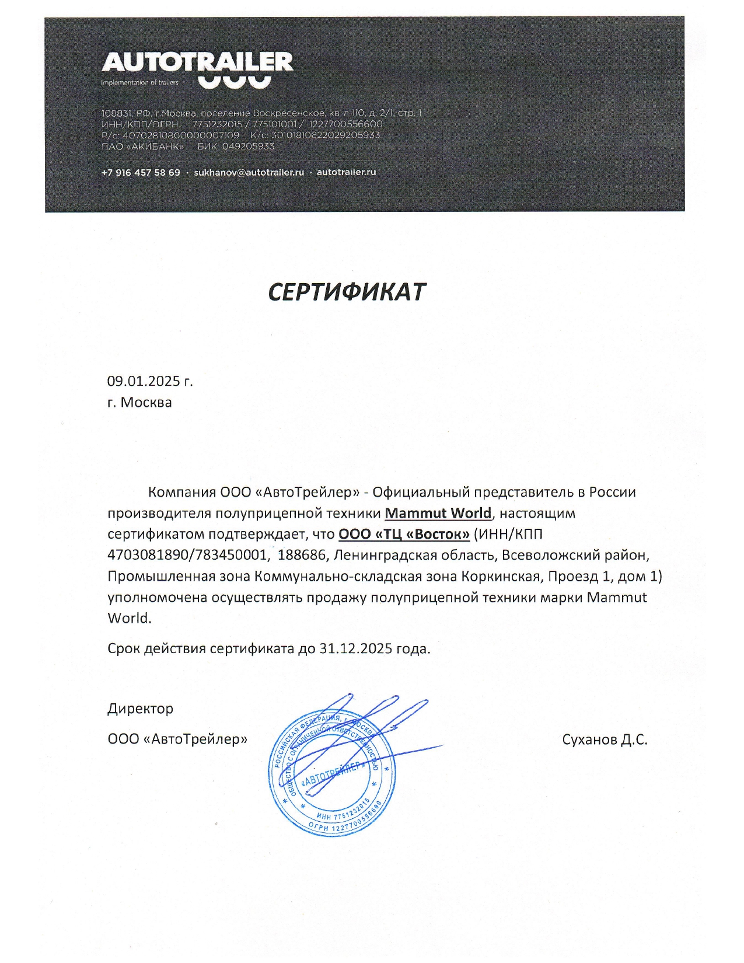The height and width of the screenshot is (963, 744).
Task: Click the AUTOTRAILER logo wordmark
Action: click(197, 62)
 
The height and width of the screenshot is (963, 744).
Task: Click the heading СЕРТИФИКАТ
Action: click(347, 292)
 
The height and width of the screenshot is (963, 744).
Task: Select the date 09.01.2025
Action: click(144, 382)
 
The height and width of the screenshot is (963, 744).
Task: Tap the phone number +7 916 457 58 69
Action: click(141, 173)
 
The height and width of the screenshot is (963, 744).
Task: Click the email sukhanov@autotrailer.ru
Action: click(249, 173)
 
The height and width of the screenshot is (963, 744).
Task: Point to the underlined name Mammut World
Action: click(438, 513)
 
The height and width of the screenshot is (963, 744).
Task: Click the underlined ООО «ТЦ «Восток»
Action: click(404, 534)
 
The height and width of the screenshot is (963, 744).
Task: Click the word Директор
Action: click(140, 709)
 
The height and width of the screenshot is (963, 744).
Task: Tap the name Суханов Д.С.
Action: click(605, 739)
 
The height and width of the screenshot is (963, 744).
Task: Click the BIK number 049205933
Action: click(248, 146)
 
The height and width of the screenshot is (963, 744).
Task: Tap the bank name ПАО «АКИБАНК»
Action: click(142, 146)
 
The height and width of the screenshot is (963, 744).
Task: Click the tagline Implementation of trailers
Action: click(139, 83)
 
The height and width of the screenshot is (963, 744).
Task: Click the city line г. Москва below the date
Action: click(139, 403)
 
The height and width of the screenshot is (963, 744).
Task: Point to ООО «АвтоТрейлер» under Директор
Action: click(177, 739)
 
